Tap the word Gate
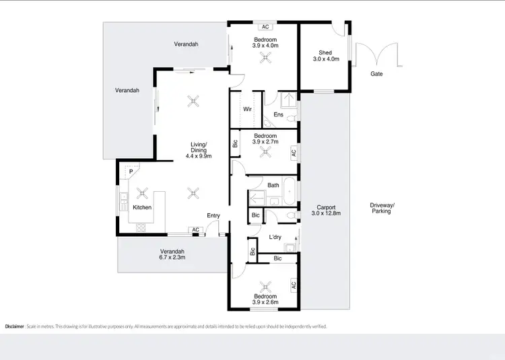(x=376, y=74)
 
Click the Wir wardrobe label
(x=247, y=108)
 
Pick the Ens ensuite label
(x=277, y=115)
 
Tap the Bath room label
(x=273, y=185)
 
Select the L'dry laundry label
(x=275, y=237)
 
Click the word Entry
(x=213, y=215)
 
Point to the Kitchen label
(x=141, y=207)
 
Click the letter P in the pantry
(x=131, y=172)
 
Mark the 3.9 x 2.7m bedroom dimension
(x=265, y=142)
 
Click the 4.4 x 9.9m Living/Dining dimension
(x=199, y=156)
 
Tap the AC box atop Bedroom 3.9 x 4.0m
(x=265, y=27)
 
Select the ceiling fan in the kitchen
(x=142, y=192)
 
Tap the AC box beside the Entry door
(x=195, y=230)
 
